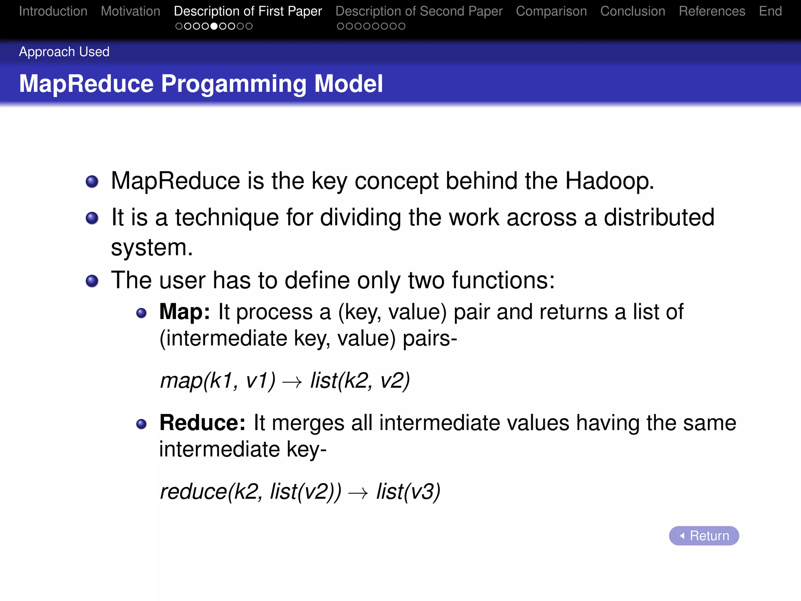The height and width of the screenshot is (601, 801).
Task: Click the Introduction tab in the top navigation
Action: [x=53, y=11]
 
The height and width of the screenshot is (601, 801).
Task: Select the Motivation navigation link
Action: [x=130, y=11]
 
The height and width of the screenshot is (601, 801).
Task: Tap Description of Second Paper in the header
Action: [x=419, y=11]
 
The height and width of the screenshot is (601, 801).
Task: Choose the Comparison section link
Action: [x=551, y=11]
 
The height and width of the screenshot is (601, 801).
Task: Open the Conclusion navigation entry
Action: [x=632, y=11]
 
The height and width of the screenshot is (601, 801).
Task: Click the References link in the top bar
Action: [x=712, y=11]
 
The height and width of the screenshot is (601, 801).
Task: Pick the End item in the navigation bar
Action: [x=770, y=11]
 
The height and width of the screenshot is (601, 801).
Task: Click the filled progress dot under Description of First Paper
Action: [x=214, y=26]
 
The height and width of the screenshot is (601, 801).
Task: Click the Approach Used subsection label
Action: [x=64, y=52]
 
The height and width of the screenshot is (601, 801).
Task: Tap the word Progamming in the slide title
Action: [x=233, y=84]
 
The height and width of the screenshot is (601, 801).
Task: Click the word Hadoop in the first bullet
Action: [x=609, y=181]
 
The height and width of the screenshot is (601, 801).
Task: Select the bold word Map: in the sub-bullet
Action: [x=185, y=312]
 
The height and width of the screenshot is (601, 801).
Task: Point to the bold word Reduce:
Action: [x=202, y=423]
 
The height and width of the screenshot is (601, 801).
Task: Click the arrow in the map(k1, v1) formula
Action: [x=292, y=382]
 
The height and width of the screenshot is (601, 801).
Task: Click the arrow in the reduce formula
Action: [x=358, y=493]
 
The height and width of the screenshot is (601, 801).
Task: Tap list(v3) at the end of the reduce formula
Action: [x=408, y=492]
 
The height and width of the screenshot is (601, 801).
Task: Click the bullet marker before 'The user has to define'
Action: [x=92, y=281]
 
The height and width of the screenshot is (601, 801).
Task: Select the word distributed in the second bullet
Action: [x=659, y=218]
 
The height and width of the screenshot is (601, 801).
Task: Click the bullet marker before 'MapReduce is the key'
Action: [x=92, y=182]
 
